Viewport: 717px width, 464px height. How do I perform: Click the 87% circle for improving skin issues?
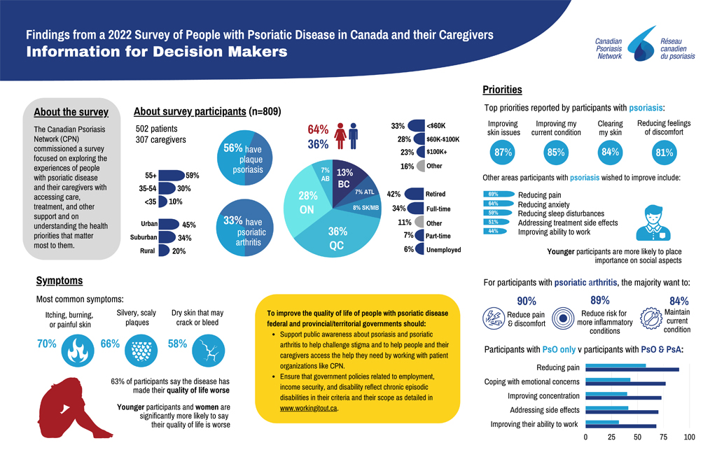503,152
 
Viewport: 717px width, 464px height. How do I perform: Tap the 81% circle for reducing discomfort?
663,152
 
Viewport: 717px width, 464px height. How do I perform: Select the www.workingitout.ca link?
308,407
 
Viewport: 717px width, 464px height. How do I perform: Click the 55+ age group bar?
170,176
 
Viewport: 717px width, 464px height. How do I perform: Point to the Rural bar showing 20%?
164,251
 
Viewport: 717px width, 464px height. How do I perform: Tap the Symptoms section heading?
60,281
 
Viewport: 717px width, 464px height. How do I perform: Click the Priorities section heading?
502,90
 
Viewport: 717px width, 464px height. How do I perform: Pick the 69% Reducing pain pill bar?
497,194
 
